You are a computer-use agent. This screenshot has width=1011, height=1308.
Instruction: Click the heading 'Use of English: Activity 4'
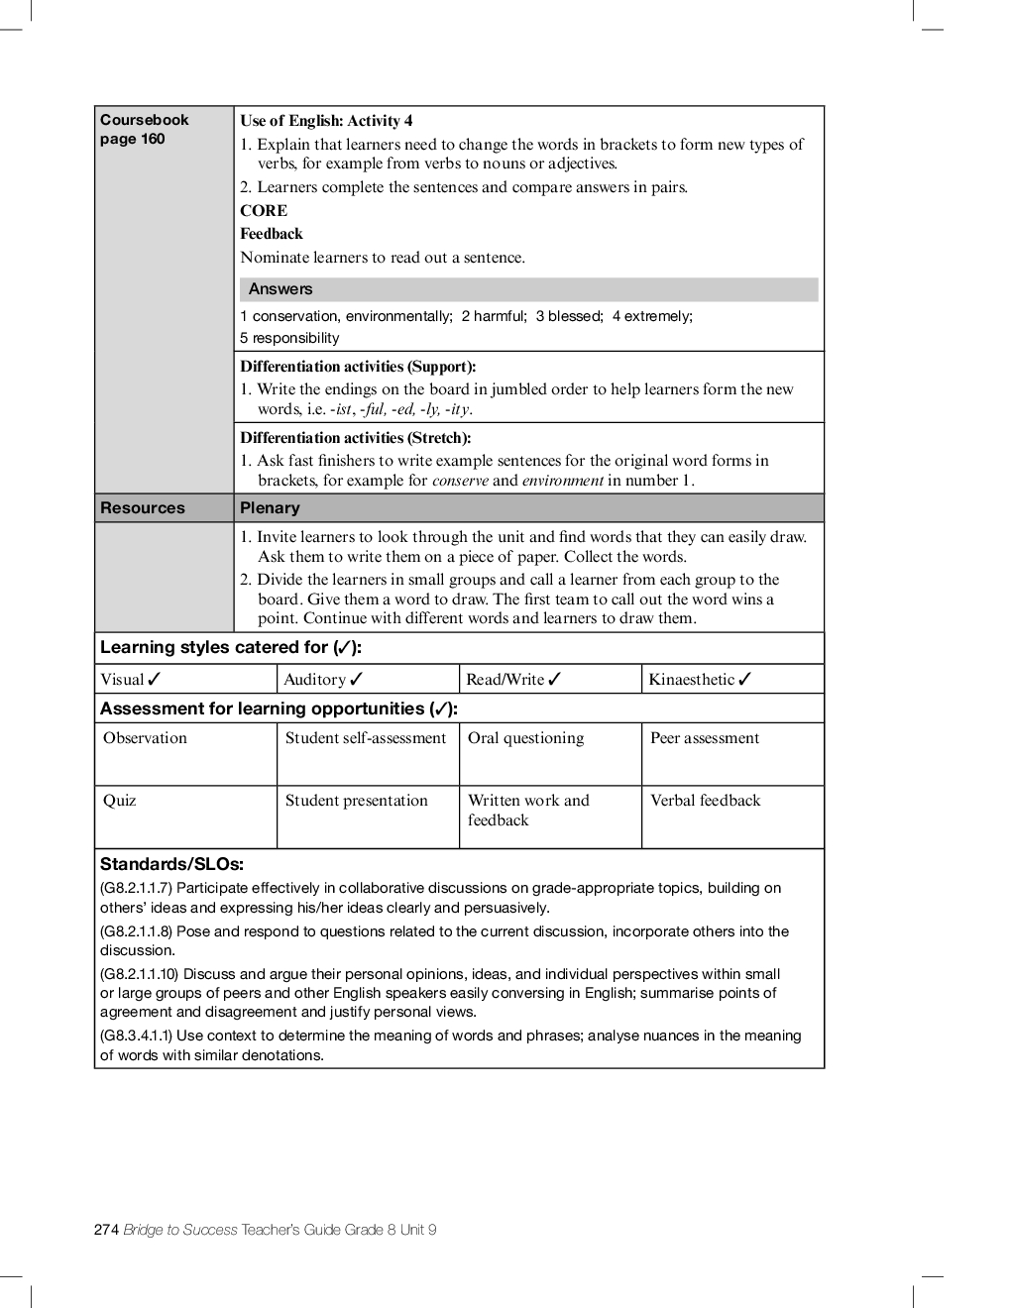(x=326, y=121)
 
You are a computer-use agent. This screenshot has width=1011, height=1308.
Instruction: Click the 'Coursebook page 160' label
(x=144, y=129)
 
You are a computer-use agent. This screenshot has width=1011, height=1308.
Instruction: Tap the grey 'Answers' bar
(x=528, y=289)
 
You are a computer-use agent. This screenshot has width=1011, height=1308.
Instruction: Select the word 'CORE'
(x=264, y=210)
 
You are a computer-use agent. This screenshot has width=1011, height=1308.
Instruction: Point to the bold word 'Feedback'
(x=271, y=234)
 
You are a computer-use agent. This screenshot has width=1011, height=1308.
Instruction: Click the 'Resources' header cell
(x=142, y=508)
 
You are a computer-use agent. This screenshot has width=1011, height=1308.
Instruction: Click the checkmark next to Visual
(x=155, y=680)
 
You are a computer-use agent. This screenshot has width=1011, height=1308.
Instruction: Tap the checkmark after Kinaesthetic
(x=745, y=680)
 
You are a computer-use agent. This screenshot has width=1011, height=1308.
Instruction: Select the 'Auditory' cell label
(x=314, y=680)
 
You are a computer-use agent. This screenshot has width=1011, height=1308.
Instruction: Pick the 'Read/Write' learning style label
(x=505, y=680)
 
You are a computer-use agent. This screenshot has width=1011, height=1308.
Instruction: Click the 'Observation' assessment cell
(x=145, y=738)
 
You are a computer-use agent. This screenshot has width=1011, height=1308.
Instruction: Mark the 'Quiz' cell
(x=119, y=801)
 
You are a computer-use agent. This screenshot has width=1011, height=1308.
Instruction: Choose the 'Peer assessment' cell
(x=704, y=738)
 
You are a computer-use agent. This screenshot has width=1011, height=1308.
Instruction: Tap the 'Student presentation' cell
(x=356, y=801)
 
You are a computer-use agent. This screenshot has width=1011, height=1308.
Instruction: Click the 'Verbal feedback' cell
(x=705, y=801)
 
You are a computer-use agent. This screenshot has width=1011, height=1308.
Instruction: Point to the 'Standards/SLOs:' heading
(x=171, y=864)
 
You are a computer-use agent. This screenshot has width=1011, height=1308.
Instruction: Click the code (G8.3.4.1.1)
(x=136, y=1035)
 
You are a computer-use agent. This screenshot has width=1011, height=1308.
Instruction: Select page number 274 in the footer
(x=106, y=1230)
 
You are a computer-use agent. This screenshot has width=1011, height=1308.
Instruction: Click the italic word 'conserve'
(x=460, y=481)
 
